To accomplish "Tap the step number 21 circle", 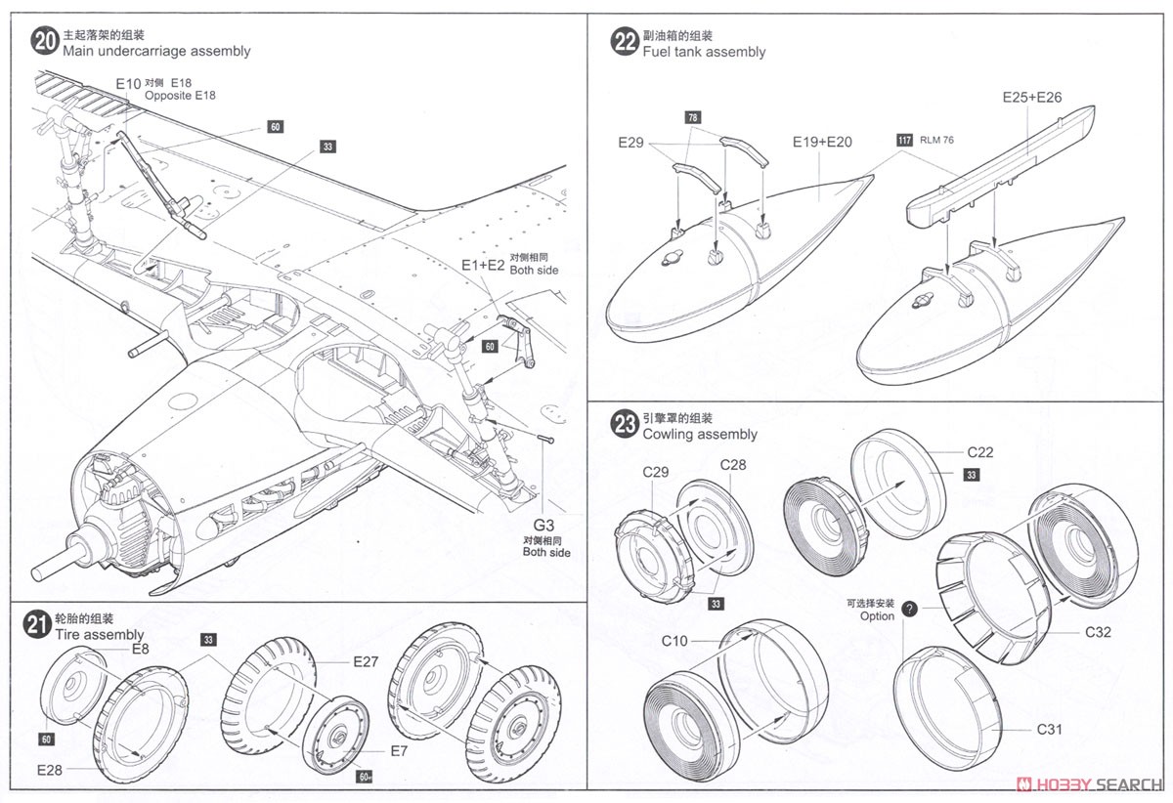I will click(x=36, y=625).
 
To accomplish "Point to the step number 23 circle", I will click(x=623, y=425).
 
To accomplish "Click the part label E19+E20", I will click(x=822, y=142).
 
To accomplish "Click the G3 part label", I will click(x=546, y=525).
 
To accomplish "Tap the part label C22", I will click(x=980, y=452).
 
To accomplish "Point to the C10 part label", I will click(x=674, y=641).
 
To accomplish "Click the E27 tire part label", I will click(x=366, y=661).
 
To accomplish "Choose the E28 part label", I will click(x=51, y=771).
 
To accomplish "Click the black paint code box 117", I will click(x=904, y=140).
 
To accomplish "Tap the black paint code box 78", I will click(x=693, y=118).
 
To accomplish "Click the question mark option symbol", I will click(x=910, y=609).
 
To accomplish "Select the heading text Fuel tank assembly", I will click(x=704, y=52).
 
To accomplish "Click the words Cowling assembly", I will click(x=699, y=435).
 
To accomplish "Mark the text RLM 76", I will click(x=936, y=140).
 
